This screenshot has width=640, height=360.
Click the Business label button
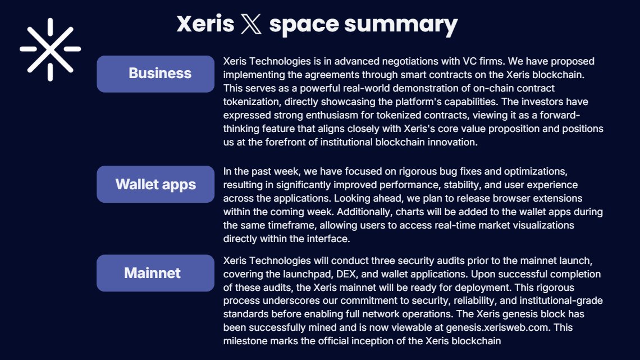pos(156,74)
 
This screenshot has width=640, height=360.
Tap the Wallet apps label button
pos(156,184)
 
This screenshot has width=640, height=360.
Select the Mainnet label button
pos(156,273)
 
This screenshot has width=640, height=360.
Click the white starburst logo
pos(50,49)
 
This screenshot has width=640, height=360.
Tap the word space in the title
pos(304,25)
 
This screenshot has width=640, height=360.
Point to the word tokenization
pos(252,102)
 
